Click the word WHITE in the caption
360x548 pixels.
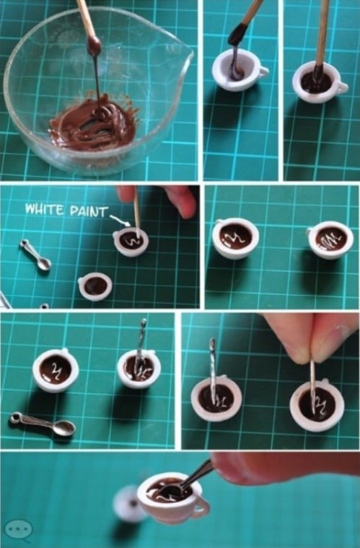click(45, 209)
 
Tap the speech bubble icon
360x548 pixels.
click(19, 530)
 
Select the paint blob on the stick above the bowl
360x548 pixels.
click(94, 45)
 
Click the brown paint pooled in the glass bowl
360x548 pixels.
click(94, 125)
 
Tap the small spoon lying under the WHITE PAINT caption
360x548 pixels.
click(35, 255)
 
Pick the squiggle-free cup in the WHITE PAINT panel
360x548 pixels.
click(95, 286)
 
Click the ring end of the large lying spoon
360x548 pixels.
click(16, 417)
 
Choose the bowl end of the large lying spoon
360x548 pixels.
click(66, 428)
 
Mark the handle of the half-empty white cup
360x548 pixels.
click(263, 71)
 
